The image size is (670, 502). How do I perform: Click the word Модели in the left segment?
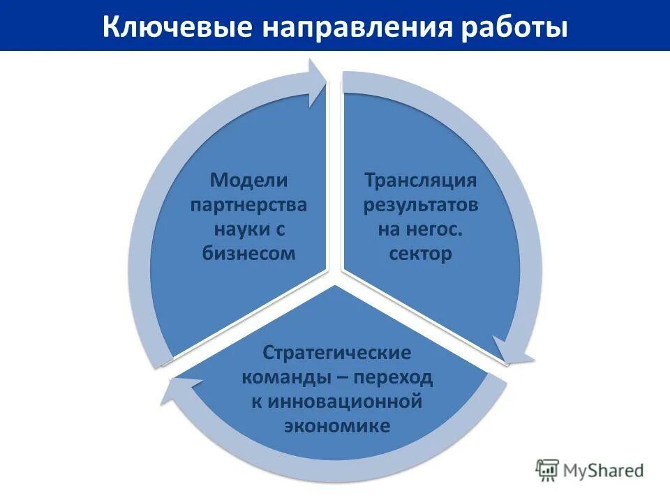tap(249, 181)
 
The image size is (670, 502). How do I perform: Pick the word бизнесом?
tap(249, 253)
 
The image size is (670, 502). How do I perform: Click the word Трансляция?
tap(420, 181)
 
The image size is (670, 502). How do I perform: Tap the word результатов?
tap(420, 206)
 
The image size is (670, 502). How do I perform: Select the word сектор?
tap(420, 253)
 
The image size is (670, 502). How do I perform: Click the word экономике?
tap(336, 426)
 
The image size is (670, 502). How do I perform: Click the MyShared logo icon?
tap(548, 470)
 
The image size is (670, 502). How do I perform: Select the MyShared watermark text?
tap(604, 471)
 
